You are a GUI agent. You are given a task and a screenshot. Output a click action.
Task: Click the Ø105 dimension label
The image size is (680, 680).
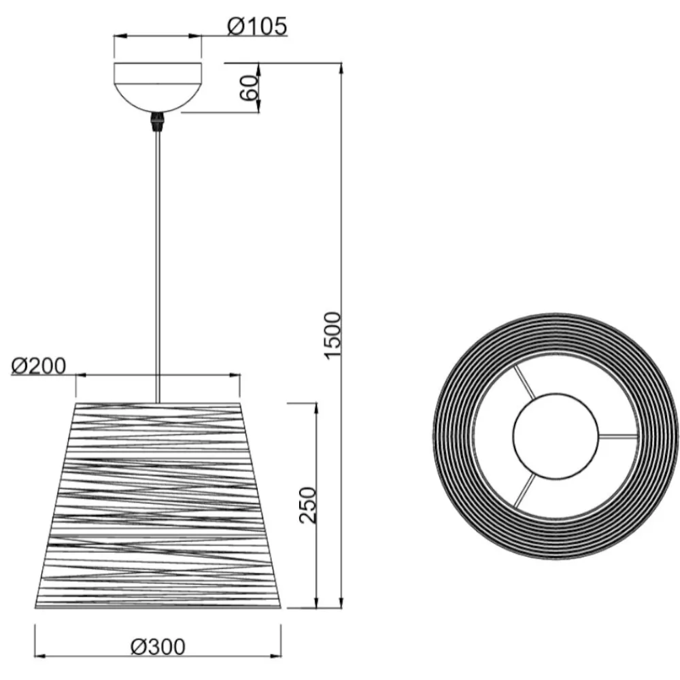click(257, 26)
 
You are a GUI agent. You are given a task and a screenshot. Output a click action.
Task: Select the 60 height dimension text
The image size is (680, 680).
click(250, 88)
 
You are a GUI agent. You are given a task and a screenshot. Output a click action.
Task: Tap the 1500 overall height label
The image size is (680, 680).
click(333, 335)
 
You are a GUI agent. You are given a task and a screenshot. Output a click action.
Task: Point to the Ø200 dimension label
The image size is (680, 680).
click(39, 366)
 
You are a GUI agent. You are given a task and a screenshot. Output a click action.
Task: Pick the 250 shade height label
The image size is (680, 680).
click(308, 505)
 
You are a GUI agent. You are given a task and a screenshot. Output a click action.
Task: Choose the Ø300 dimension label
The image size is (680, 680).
click(158, 647)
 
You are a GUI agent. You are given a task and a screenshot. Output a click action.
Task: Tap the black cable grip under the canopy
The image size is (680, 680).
click(158, 122)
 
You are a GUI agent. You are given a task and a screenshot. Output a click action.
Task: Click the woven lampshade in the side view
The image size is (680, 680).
click(158, 506)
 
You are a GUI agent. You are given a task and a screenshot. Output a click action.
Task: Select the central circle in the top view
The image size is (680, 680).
click(556, 436)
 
